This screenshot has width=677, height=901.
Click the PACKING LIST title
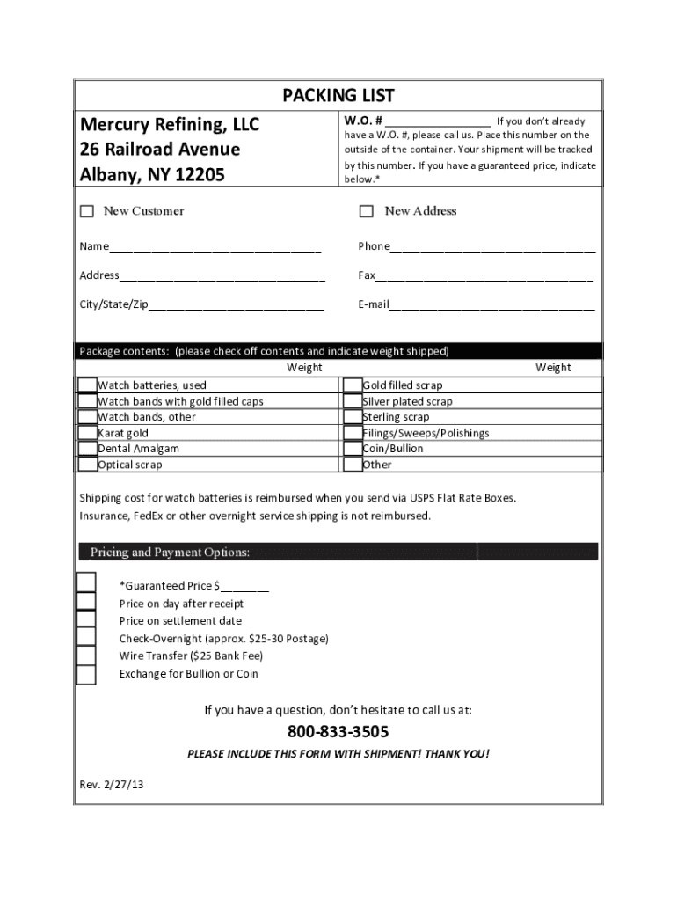tap(338, 95)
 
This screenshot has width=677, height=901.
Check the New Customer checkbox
tap(87, 211)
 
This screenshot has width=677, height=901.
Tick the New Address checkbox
tap(367, 211)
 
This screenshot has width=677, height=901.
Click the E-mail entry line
tap(491, 305)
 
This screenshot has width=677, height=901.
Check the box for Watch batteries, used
tap(87, 385)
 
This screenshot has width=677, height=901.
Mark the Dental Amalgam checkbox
tap(87, 449)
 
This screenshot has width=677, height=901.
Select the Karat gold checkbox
tap(87, 433)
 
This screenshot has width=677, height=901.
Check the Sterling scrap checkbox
tap(352, 417)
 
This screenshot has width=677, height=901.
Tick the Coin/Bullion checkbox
tap(352, 449)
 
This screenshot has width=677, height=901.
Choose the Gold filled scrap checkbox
tap(352, 385)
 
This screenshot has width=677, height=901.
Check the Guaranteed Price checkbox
tap(86, 583)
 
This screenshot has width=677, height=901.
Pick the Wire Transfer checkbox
tap(86, 656)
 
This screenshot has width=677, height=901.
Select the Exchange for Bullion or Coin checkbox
tap(86, 674)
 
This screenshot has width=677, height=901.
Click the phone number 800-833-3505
tap(338, 733)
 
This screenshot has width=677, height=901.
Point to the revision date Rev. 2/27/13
tap(111, 783)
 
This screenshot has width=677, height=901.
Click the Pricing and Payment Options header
tap(170, 553)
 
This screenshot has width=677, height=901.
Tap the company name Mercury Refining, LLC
tap(170, 124)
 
